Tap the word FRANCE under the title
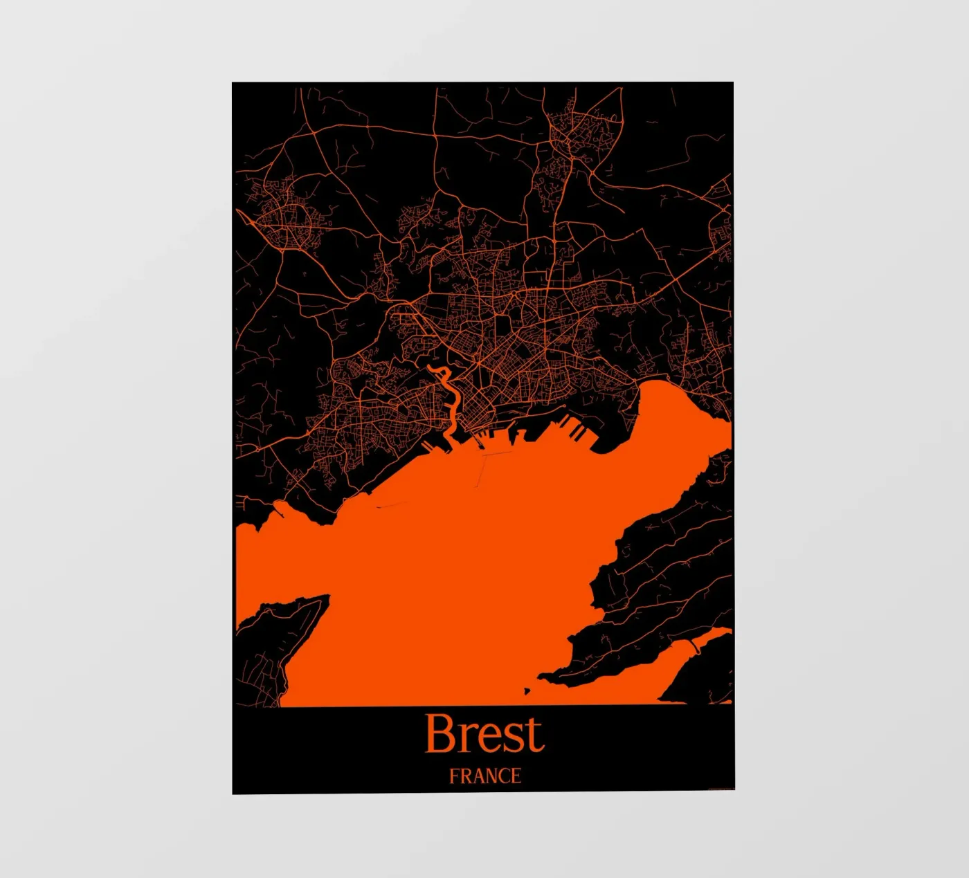click(x=484, y=776)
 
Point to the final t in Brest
click(x=535, y=736)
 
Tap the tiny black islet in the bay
click(x=527, y=690)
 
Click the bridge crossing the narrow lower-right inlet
click(x=693, y=646)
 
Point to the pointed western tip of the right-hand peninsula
click(x=543, y=675)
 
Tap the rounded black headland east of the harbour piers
click(x=613, y=432)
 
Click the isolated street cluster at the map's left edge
click(x=287, y=218)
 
